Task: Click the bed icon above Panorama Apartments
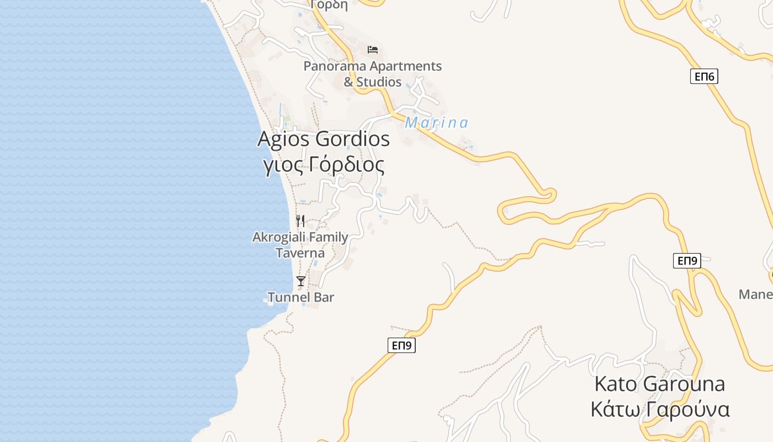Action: tap(373, 50)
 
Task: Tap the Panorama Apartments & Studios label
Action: tap(373, 73)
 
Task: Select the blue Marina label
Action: tap(436, 123)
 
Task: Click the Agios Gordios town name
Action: tap(324, 139)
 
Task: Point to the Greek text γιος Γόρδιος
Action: tap(324, 165)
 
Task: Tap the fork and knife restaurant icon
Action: tap(300, 221)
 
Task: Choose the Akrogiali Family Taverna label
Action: tap(300, 245)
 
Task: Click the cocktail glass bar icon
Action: tap(300, 281)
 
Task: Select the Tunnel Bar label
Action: tap(301, 297)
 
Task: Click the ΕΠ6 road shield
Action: tap(704, 76)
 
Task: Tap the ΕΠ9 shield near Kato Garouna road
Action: tap(687, 261)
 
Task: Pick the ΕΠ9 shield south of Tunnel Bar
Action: tap(401, 345)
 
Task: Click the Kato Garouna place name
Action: tap(659, 383)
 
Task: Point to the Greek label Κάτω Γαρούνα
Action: tap(660, 410)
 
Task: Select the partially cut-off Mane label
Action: tap(755, 294)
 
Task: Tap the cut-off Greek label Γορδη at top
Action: tap(329, 5)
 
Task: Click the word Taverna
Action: tap(300, 253)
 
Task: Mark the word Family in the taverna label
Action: tap(320, 238)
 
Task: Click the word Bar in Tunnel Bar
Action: tap(324, 297)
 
